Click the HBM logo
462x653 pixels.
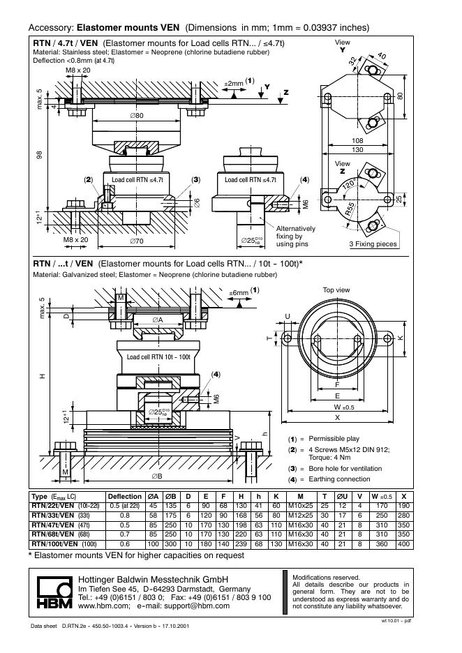pyautogui.click(x=54, y=592)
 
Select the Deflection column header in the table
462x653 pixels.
pyautogui.click(x=124, y=497)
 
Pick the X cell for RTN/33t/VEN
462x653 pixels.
pyautogui.click(x=403, y=516)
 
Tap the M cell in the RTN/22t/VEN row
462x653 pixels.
pyautogui.click(x=300, y=506)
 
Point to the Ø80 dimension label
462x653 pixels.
pyautogui.click(x=137, y=115)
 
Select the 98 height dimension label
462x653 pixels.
pyautogui.click(x=39, y=155)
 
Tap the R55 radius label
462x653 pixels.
pyautogui.click(x=350, y=209)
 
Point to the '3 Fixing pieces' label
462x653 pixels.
pyautogui.click(x=373, y=244)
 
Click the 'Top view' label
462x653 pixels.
pyautogui.click(x=336, y=290)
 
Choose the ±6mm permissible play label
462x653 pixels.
pyautogui.click(x=239, y=292)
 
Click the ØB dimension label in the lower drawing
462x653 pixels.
pyautogui.click(x=157, y=476)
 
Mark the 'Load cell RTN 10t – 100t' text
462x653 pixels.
pyautogui.click(x=158, y=357)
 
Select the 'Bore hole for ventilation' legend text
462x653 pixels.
pyautogui.click(x=345, y=469)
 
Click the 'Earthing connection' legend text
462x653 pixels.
pyautogui.click(x=339, y=479)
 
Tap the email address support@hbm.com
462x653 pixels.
pyautogui.click(x=197, y=606)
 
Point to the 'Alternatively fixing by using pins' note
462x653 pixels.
pyautogui.click(x=296, y=236)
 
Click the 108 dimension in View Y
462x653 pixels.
pyautogui.click(x=357, y=141)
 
